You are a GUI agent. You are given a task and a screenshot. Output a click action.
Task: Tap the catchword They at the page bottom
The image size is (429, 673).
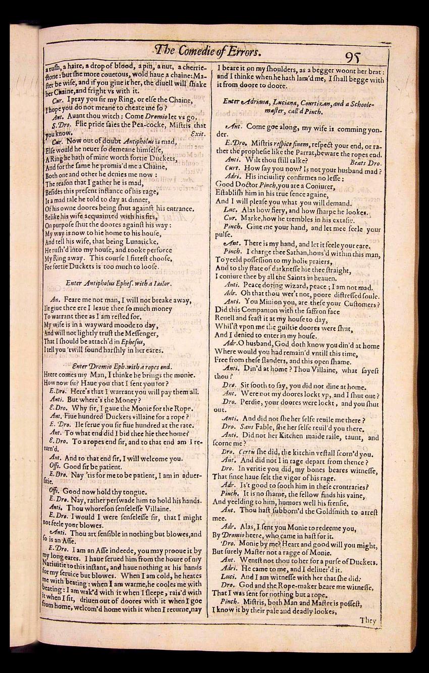[x=368, y=621]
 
